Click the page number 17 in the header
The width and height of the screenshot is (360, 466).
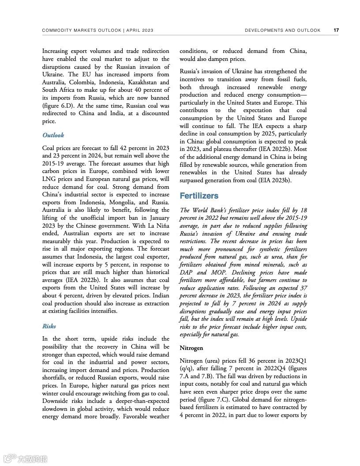click(x=336, y=30)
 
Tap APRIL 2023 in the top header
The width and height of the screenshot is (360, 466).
click(x=140, y=30)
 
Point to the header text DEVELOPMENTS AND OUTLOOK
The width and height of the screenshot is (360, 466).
click(x=282, y=30)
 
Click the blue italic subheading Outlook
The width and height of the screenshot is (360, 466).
click(x=53, y=135)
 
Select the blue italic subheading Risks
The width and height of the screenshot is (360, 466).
click(x=49, y=326)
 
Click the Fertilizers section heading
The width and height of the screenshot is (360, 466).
click(x=199, y=195)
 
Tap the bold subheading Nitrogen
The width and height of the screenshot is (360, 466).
click(x=191, y=348)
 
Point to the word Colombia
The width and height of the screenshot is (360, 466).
click(x=86, y=82)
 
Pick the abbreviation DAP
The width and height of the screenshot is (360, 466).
click(x=187, y=272)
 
